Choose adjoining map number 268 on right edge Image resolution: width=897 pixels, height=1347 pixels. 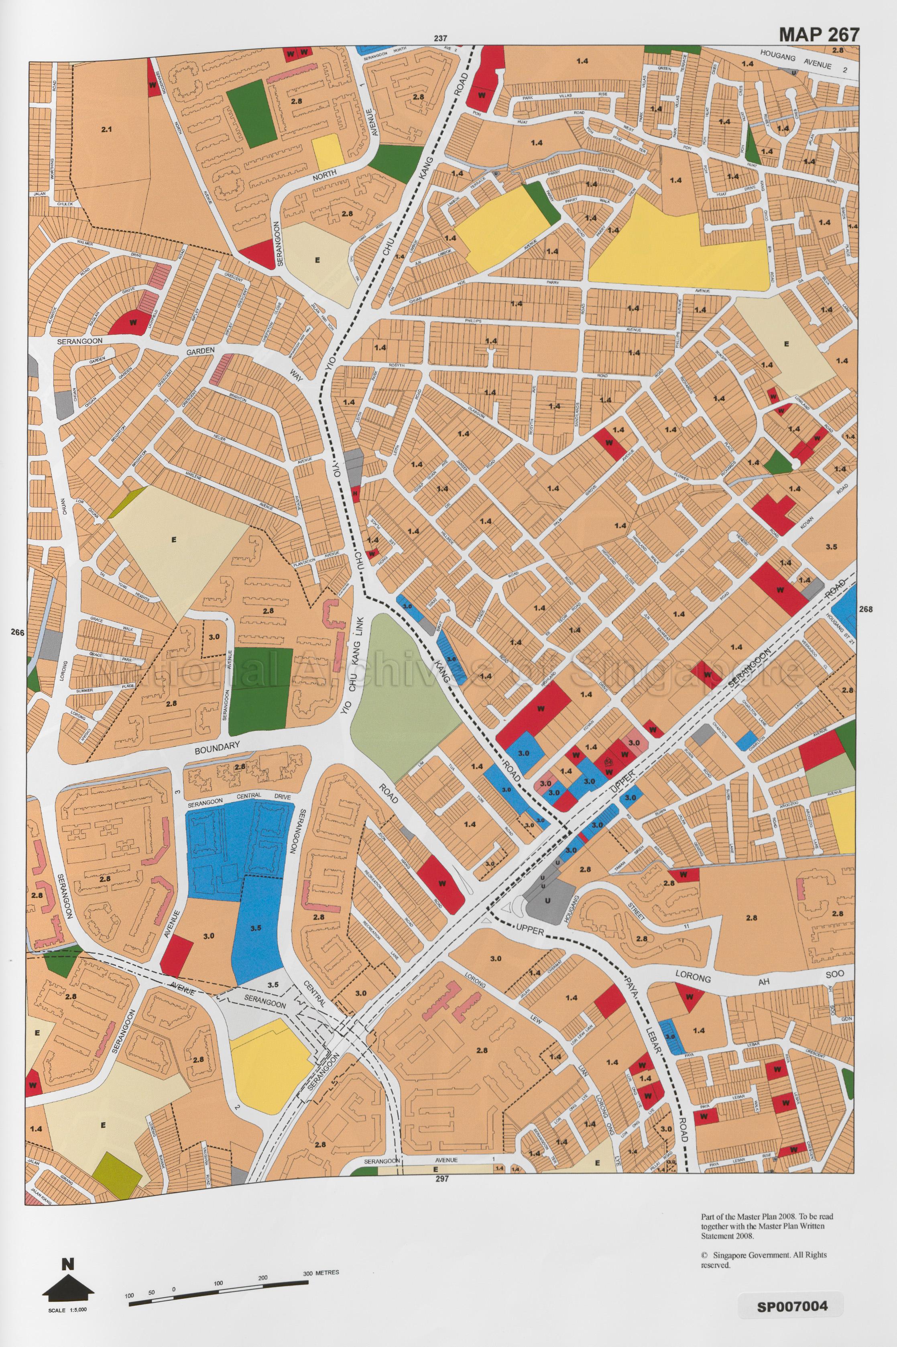[x=866, y=609]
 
